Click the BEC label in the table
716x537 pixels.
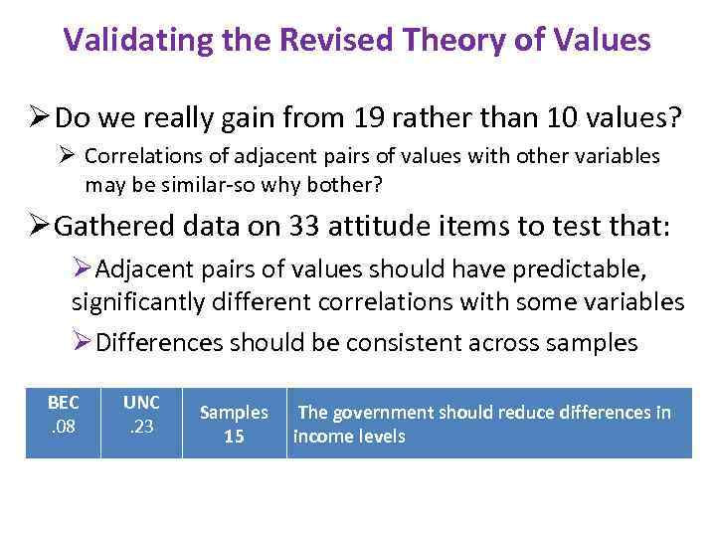pyautogui.click(x=63, y=403)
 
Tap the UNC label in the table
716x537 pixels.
pyautogui.click(x=141, y=403)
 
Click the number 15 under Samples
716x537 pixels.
pyautogui.click(x=234, y=436)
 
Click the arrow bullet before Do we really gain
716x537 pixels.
pyautogui.click(x=39, y=118)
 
